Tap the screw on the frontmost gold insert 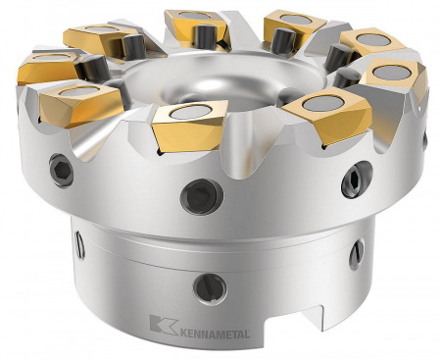coord(187,115)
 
